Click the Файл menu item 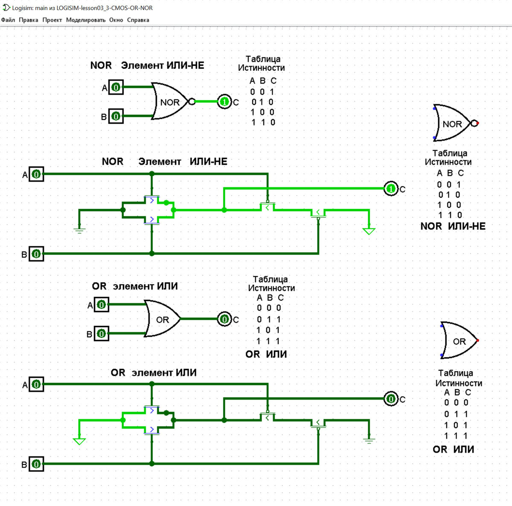click(x=8, y=20)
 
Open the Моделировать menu click(x=85, y=20)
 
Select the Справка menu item click(x=138, y=20)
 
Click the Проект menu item click(x=52, y=20)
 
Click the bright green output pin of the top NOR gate click(x=224, y=102)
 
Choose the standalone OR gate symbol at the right click(x=459, y=341)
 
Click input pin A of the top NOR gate click(x=116, y=87)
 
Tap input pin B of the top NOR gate click(x=116, y=116)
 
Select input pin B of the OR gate click(x=101, y=333)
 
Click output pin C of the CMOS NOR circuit click(x=391, y=188)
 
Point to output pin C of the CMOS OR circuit click(x=391, y=399)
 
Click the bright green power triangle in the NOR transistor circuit click(x=369, y=231)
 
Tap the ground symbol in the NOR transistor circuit click(x=79, y=230)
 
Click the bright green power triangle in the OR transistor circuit click(x=79, y=441)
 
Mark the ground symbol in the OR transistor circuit click(x=369, y=440)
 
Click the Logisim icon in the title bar click(x=6, y=7)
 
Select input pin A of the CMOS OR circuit click(x=36, y=384)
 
